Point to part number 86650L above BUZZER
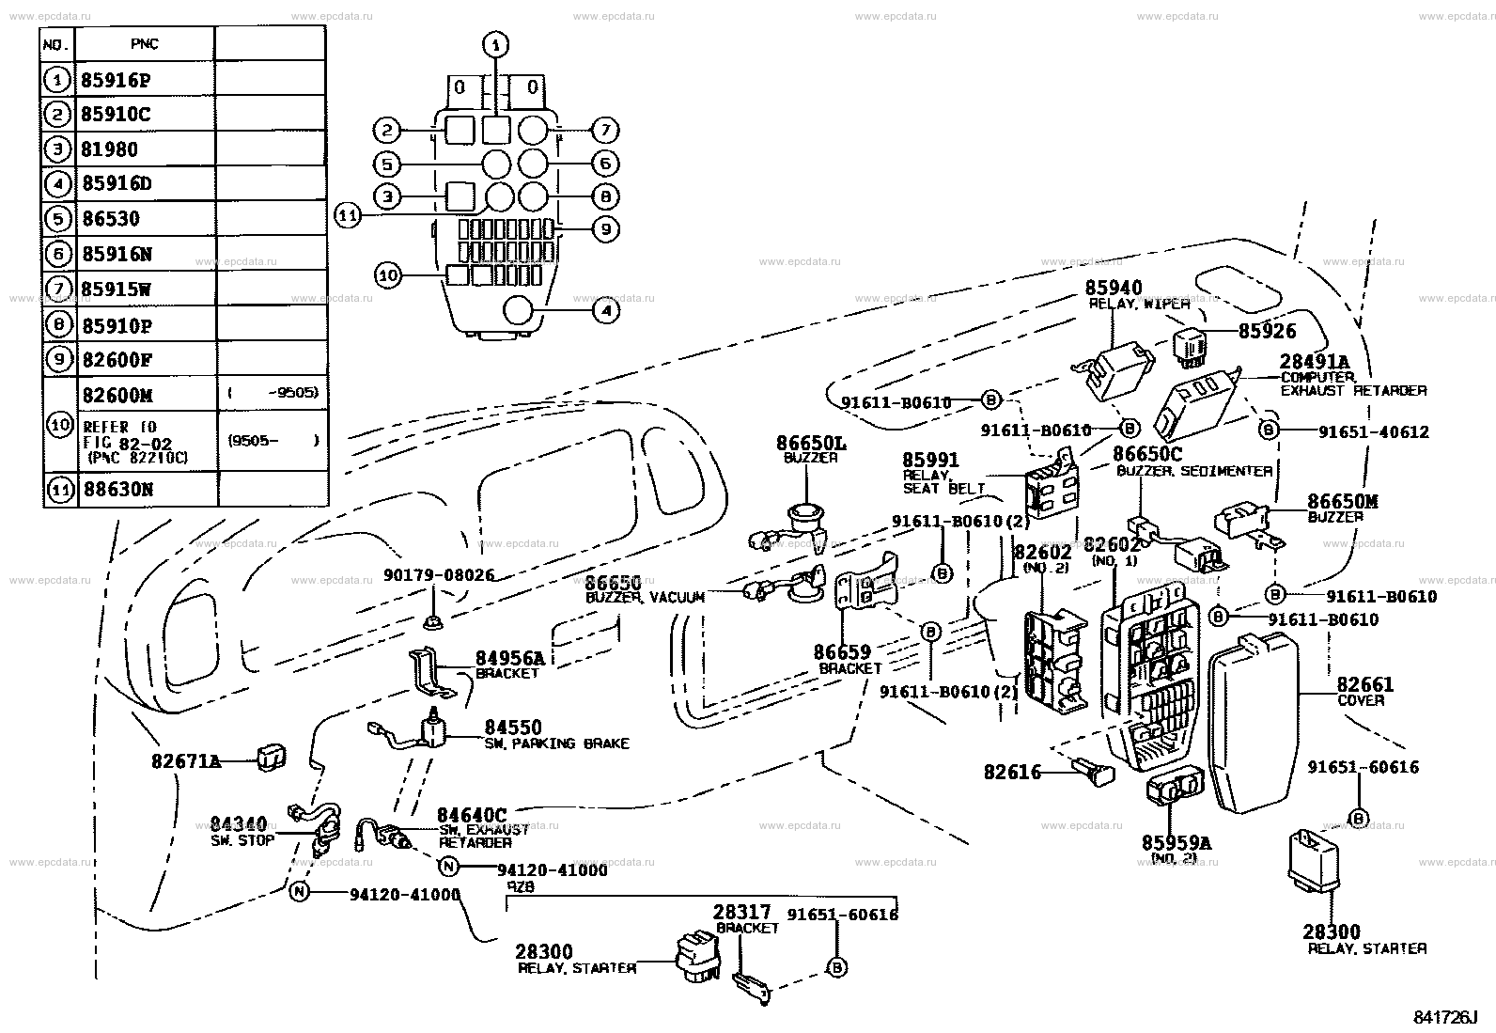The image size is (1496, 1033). pos(811,442)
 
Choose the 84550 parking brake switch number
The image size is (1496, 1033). pos(513,728)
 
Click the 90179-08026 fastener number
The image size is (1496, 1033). pos(438,575)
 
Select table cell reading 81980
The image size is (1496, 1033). pos(110,149)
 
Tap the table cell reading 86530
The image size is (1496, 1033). pos(111,219)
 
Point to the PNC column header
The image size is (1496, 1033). pos(145,44)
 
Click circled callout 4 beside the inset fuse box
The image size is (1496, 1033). pos(606,310)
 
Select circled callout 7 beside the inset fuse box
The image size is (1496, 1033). pos(605,130)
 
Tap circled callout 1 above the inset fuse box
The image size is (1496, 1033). pos(496,44)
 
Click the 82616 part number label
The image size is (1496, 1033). pos(1012,773)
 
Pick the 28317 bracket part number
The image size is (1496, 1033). pos(741,912)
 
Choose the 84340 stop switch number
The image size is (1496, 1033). pos(239,824)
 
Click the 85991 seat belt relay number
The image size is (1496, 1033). pos(930,461)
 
